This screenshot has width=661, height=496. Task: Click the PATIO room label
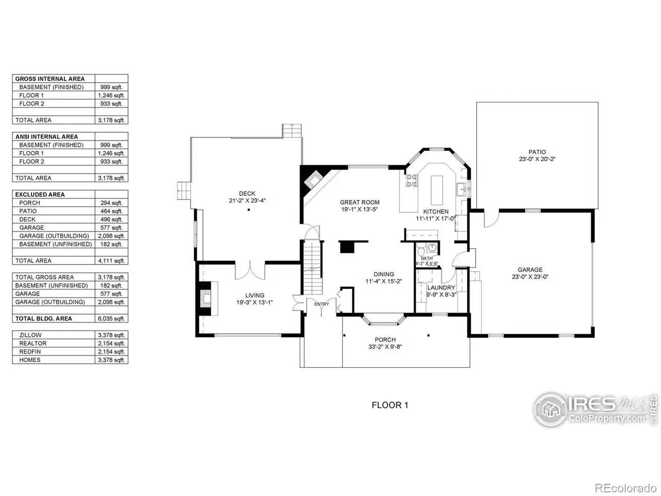click(x=537, y=152)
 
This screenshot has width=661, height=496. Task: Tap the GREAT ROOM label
click(x=359, y=203)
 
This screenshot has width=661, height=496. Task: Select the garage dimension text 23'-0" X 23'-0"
click(x=530, y=277)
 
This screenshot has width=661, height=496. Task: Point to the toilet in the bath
click(x=421, y=251)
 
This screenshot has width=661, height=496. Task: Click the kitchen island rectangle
click(x=437, y=190)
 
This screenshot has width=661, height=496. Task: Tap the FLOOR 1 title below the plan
click(x=390, y=405)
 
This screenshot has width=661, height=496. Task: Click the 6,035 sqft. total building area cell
click(x=111, y=319)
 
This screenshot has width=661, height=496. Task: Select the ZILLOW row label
click(x=30, y=335)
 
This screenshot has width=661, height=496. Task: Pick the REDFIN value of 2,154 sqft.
click(x=111, y=351)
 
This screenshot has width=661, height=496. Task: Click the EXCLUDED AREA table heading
click(x=40, y=195)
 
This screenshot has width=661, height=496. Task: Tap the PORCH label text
click(x=385, y=339)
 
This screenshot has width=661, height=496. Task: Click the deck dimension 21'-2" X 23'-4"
click(x=247, y=200)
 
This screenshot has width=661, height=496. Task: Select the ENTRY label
click(x=322, y=304)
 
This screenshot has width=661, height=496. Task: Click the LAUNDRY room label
click(x=441, y=288)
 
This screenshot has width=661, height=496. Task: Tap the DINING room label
click(x=384, y=274)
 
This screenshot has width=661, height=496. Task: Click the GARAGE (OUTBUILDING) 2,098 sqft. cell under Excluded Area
click(x=111, y=236)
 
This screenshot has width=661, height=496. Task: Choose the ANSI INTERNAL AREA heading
click(x=46, y=137)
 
